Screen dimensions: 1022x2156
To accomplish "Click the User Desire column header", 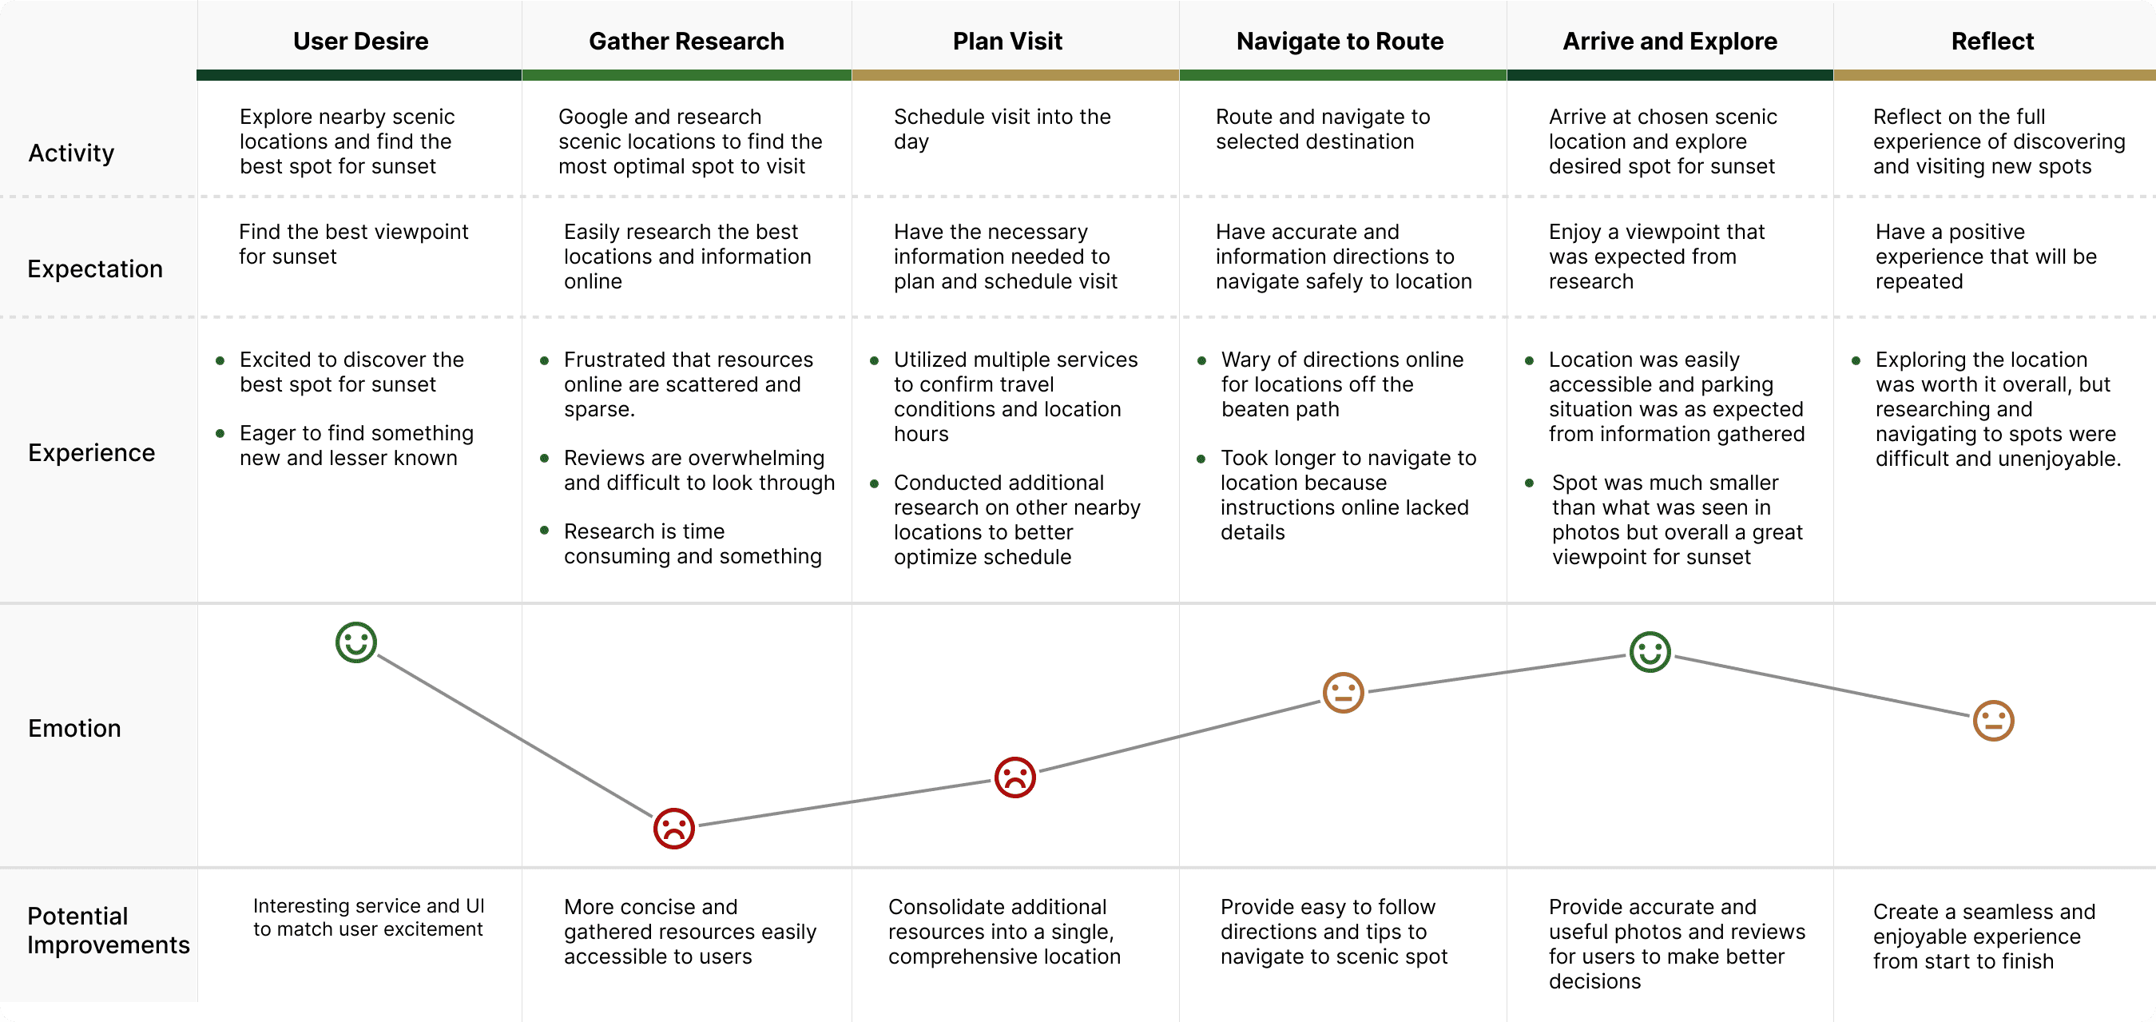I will (360, 41).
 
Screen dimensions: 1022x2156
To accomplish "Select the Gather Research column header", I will (686, 41).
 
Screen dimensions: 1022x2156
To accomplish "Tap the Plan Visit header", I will (1007, 41).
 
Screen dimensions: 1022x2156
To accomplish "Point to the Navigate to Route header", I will (1339, 41).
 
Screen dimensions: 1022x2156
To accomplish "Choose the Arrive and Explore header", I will (1669, 41).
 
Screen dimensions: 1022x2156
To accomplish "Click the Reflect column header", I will (1992, 41).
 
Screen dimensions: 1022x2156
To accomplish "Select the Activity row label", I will (71, 153).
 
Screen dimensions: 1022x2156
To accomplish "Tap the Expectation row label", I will (94, 268).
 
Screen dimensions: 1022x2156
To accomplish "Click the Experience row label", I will (91, 453).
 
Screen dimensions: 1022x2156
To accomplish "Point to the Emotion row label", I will (74, 728).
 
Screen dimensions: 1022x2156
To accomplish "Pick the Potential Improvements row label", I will (108, 930).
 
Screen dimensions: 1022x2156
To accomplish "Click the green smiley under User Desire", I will (355, 642).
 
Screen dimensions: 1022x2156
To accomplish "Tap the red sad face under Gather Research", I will (673, 829).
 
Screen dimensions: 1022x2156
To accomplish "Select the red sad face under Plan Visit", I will (1014, 777).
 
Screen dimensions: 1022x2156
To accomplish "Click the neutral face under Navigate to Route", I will (1343, 693).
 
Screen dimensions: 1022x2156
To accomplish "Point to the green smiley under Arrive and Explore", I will (1650, 652).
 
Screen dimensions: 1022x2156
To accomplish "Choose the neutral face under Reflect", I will (1993, 721).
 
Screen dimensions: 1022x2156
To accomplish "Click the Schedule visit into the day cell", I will (1002, 129).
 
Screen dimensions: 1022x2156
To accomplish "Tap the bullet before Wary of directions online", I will (1201, 360).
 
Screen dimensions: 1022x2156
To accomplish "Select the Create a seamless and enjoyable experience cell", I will (1983, 936).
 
